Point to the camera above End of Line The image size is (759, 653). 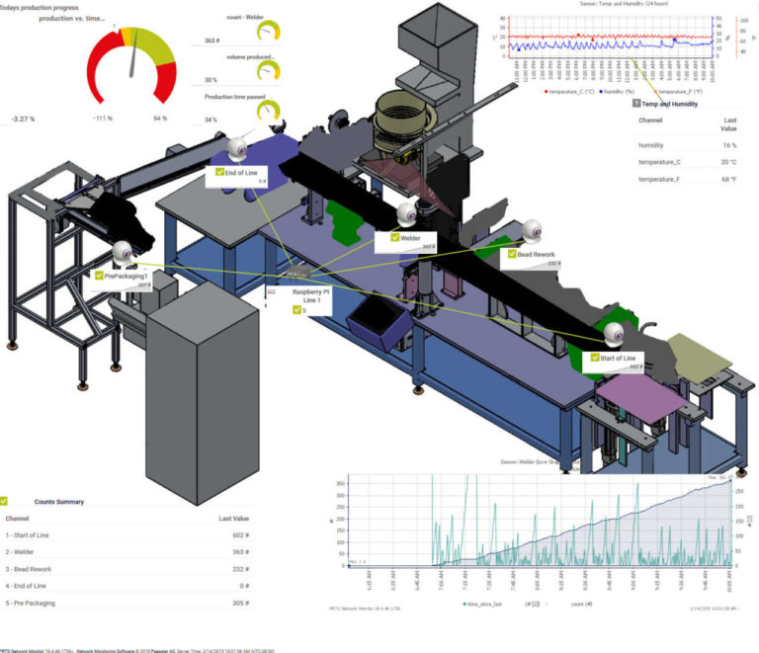pyautogui.click(x=238, y=147)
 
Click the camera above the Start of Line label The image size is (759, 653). pyautogui.click(x=614, y=332)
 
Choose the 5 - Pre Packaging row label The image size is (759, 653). pyautogui.click(x=31, y=603)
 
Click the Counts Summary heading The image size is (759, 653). pyautogui.click(x=59, y=502)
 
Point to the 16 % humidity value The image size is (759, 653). pyautogui.click(x=728, y=144)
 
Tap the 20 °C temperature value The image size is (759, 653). pyautogui.click(x=728, y=162)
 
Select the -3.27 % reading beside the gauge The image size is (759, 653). pyautogui.click(x=23, y=119)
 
